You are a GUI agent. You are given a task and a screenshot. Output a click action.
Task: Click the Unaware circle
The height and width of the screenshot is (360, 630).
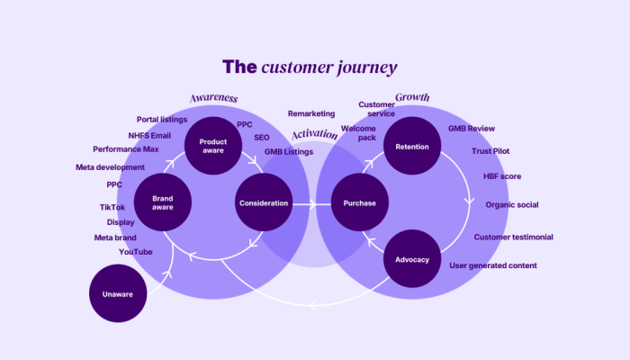coord(118,293)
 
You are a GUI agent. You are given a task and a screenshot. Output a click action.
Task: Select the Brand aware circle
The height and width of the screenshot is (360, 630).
coord(163,202)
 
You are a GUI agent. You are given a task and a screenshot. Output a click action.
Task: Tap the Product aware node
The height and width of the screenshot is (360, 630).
coord(213,146)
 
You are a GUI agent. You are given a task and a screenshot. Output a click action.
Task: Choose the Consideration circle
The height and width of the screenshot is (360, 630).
coord(264,202)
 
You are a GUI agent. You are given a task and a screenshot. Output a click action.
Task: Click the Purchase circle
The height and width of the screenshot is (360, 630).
coord(360,202)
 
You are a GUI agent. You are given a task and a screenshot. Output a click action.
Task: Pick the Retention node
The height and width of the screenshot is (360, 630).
coord(412,146)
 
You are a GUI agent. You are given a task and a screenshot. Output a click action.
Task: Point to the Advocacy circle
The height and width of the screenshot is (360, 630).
coord(412,259)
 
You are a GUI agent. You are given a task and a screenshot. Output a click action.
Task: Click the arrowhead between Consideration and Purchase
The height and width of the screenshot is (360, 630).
coord(312,204)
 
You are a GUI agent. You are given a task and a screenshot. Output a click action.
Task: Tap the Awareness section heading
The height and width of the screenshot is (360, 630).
coord(214,98)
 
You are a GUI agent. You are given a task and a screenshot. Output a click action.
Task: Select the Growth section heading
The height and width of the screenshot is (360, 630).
coord(412,97)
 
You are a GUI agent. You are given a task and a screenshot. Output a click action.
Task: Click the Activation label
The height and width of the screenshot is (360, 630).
coord(315,134)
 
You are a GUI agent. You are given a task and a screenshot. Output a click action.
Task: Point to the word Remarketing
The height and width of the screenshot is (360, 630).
coord(311,113)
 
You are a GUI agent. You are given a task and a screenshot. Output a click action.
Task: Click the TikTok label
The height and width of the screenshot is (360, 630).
coord(112,207)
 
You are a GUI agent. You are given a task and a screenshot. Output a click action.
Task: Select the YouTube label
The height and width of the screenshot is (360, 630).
coord(135,252)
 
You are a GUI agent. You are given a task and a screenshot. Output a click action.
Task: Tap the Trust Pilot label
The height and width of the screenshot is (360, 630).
coord(490,151)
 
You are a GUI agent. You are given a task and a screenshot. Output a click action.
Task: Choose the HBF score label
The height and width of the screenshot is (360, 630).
coord(502,176)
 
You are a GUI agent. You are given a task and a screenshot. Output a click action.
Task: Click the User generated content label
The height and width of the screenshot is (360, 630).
coord(493,265)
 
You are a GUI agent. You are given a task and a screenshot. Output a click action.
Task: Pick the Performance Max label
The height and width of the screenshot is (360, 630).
coord(126,149)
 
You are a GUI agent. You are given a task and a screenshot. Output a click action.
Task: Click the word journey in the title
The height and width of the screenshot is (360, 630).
coord(367,67)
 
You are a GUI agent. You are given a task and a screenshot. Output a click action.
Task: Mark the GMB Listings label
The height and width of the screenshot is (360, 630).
coord(289,152)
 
